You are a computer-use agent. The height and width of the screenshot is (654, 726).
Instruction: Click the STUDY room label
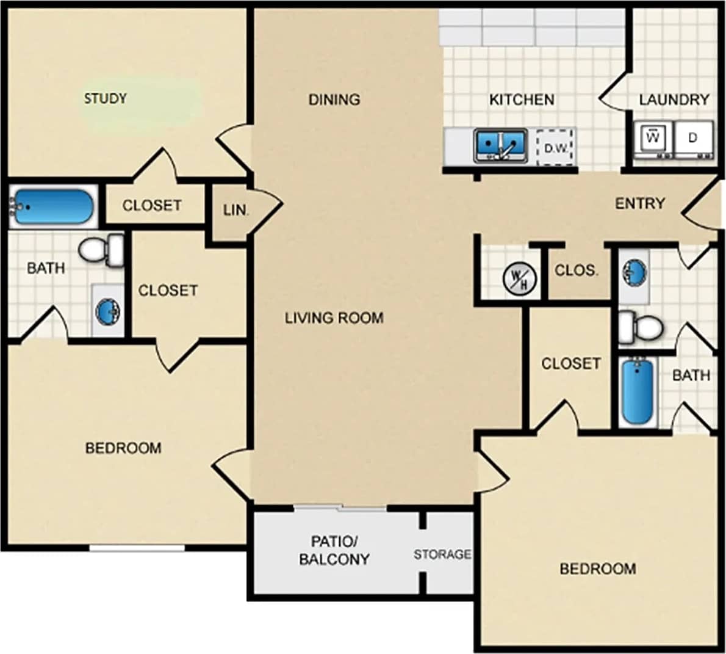(105, 98)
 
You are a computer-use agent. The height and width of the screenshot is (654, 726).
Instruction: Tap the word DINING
(334, 99)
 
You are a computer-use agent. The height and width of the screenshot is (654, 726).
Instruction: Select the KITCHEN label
(522, 100)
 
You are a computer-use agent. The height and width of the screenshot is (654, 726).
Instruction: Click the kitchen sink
(501, 145)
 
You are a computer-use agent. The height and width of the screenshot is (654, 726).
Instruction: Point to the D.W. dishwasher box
(556, 147)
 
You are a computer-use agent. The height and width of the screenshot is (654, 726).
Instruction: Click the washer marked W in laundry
(653, 138)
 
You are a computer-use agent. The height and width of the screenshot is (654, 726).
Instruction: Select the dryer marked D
(693, 138)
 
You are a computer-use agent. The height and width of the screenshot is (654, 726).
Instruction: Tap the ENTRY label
(639, 203)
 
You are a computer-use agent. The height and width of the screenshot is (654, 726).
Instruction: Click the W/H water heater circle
(520, 278)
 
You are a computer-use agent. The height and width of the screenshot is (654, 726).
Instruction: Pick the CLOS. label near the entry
(577, 270)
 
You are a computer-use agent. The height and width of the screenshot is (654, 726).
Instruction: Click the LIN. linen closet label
(235, 211)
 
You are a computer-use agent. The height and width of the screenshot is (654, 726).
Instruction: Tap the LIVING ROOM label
(334, 318)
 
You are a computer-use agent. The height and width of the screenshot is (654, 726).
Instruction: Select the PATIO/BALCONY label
(334, 550)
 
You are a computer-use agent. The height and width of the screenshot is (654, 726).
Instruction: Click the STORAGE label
(442, 554)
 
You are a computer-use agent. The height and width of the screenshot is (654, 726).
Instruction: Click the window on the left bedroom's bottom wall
(137, 548)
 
